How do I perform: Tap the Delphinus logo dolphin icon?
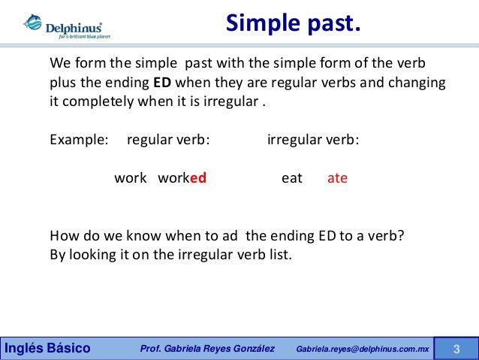[x=32, y=23]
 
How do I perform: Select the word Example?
[x=79, y=139]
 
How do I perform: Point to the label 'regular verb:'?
[x=168, y=139]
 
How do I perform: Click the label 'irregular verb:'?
[x=313, y=139]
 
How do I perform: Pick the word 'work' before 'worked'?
[x=130, y=179]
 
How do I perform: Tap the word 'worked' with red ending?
[x=182, y=179]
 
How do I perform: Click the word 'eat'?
[x=292, y=179]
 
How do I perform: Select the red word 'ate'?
[x=337, y=179]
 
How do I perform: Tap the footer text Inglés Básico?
[x=48, y=349]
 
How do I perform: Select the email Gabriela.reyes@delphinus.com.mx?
[x=363, y=349]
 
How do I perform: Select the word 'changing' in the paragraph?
[x=420, y=81]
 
